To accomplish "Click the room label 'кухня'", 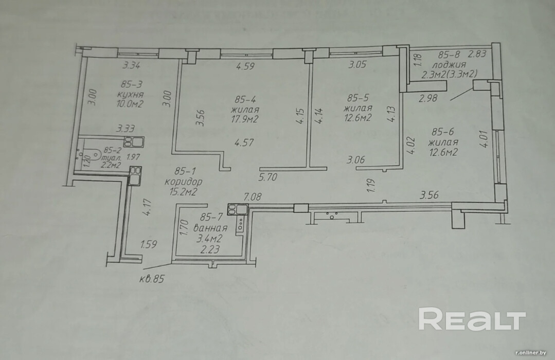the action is click(x=129, y=95).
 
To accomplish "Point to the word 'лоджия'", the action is click(x=449, y=65).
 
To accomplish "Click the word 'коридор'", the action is click(x=184, y=182).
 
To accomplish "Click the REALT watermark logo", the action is click(x=472, y=319).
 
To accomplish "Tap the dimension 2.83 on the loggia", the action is click(x=477, y=53).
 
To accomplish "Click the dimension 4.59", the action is click(x=246, y=66).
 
